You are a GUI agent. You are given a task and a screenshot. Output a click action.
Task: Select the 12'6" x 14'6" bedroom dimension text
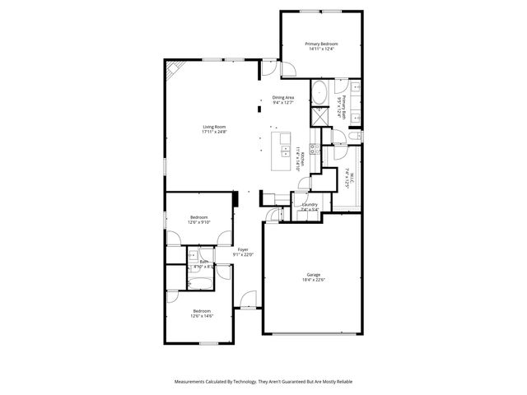(202, 315)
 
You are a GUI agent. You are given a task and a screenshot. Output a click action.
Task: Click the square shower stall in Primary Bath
(319, 118)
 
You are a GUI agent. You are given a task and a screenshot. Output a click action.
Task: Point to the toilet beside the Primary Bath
(356, 135)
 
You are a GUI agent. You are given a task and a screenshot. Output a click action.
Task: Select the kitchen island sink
(284, 137)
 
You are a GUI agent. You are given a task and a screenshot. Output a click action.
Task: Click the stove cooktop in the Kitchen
(315, 149)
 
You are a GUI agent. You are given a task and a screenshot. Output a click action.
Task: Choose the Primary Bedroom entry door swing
(288, 69)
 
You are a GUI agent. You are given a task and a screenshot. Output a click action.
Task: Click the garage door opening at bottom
(312, 333)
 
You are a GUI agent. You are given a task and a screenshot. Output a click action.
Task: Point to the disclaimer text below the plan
(263, 382)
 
